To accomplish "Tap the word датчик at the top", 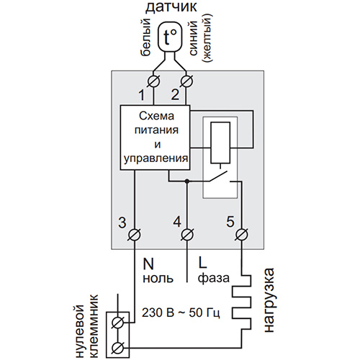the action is (171, 7).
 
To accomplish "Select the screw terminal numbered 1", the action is (153, 81).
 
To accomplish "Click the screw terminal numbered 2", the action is (186, 81).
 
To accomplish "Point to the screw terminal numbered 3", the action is (135, 235).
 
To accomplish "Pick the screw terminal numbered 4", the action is (187, 235).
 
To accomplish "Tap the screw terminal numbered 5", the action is (241, 235).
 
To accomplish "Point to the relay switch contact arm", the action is (218, 176).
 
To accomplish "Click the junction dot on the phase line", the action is (187, 181).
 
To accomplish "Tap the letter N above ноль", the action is (148, 264).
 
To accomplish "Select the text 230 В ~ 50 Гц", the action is (181, 312).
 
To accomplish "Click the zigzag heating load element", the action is (241, 303).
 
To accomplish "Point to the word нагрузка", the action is (269, 300).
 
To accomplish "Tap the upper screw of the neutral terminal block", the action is (117, 323).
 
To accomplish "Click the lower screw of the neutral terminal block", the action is (117, 348).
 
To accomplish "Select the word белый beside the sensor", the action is (145, 37).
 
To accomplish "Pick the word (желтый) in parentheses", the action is (207, 39).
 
